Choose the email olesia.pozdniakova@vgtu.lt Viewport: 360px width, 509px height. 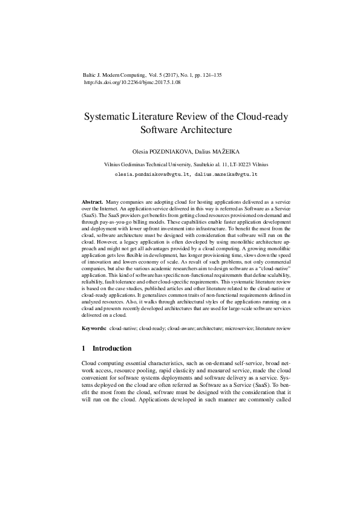pos(151,174)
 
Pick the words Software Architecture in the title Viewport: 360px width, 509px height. pos(186,129)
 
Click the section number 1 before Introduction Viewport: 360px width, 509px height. pos(83,349)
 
